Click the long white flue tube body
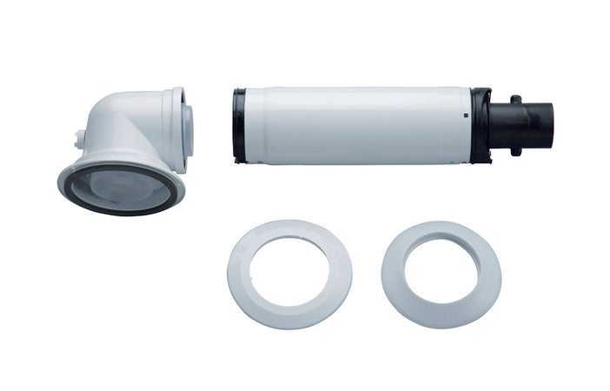(356, 125)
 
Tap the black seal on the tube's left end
(238, 125)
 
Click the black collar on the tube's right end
(481, 126)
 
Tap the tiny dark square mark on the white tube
(466, 114)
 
